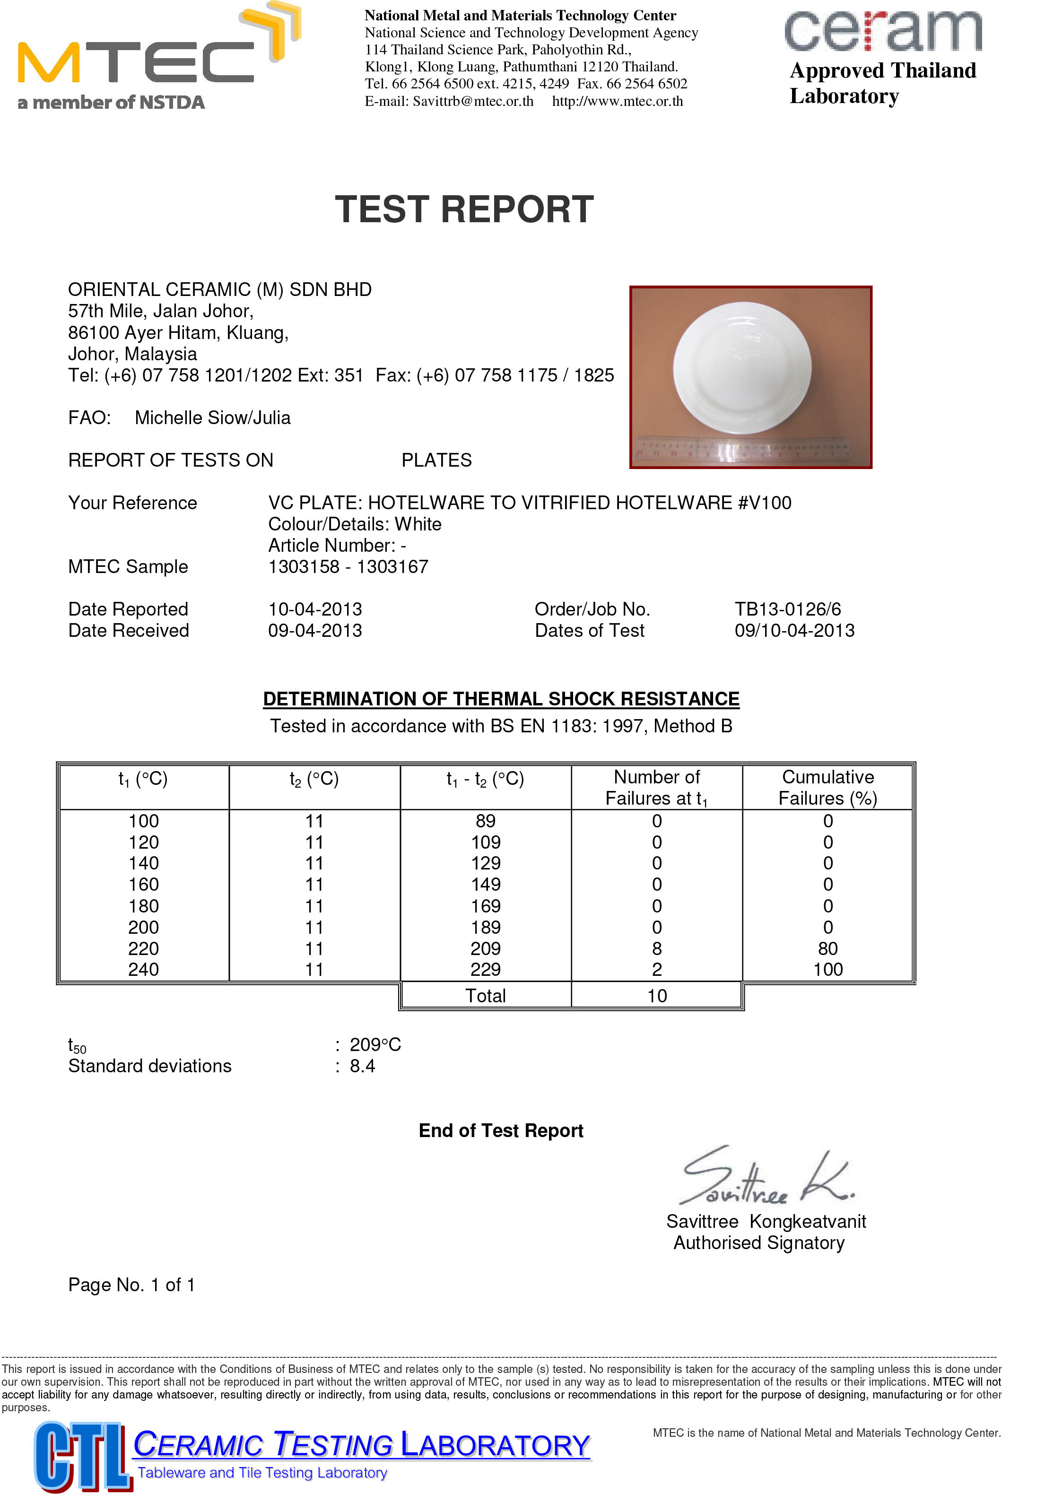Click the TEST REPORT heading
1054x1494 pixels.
point(464,209)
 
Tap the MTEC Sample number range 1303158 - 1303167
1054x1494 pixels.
point(348,567)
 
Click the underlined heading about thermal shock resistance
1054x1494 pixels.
point(501,699)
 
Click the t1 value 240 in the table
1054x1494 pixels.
point(143,970)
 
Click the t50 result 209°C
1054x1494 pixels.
point(375,1044)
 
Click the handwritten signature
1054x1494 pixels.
point(765,1178)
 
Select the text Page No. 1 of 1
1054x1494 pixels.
point(131,1285)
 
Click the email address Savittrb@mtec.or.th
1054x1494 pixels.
point(473,102)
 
